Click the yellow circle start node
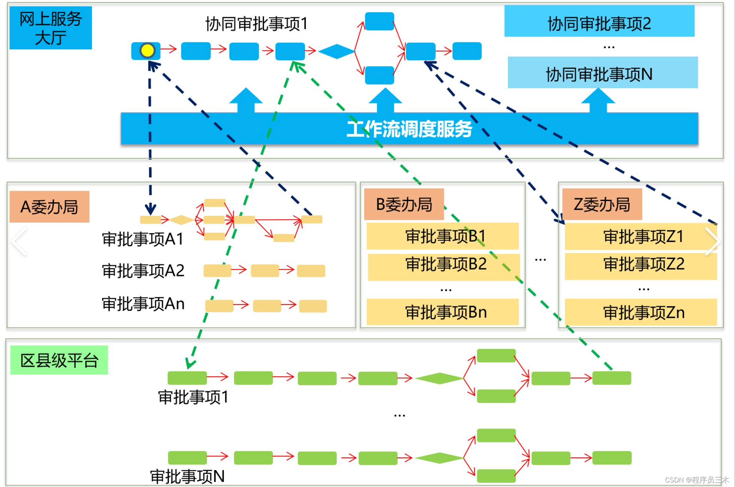147,50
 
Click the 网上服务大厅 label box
51,28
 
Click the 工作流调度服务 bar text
409,129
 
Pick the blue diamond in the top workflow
336,51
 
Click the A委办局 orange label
49,207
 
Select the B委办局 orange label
404,204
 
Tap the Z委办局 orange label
602,204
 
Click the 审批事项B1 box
443,236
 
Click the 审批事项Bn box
443,312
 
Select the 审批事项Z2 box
641,266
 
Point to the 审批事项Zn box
641,312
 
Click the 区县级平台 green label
59,360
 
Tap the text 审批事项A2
143,270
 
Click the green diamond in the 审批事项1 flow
439,379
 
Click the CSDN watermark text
697,480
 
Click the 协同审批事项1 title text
256,24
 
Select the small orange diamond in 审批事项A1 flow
182,220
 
